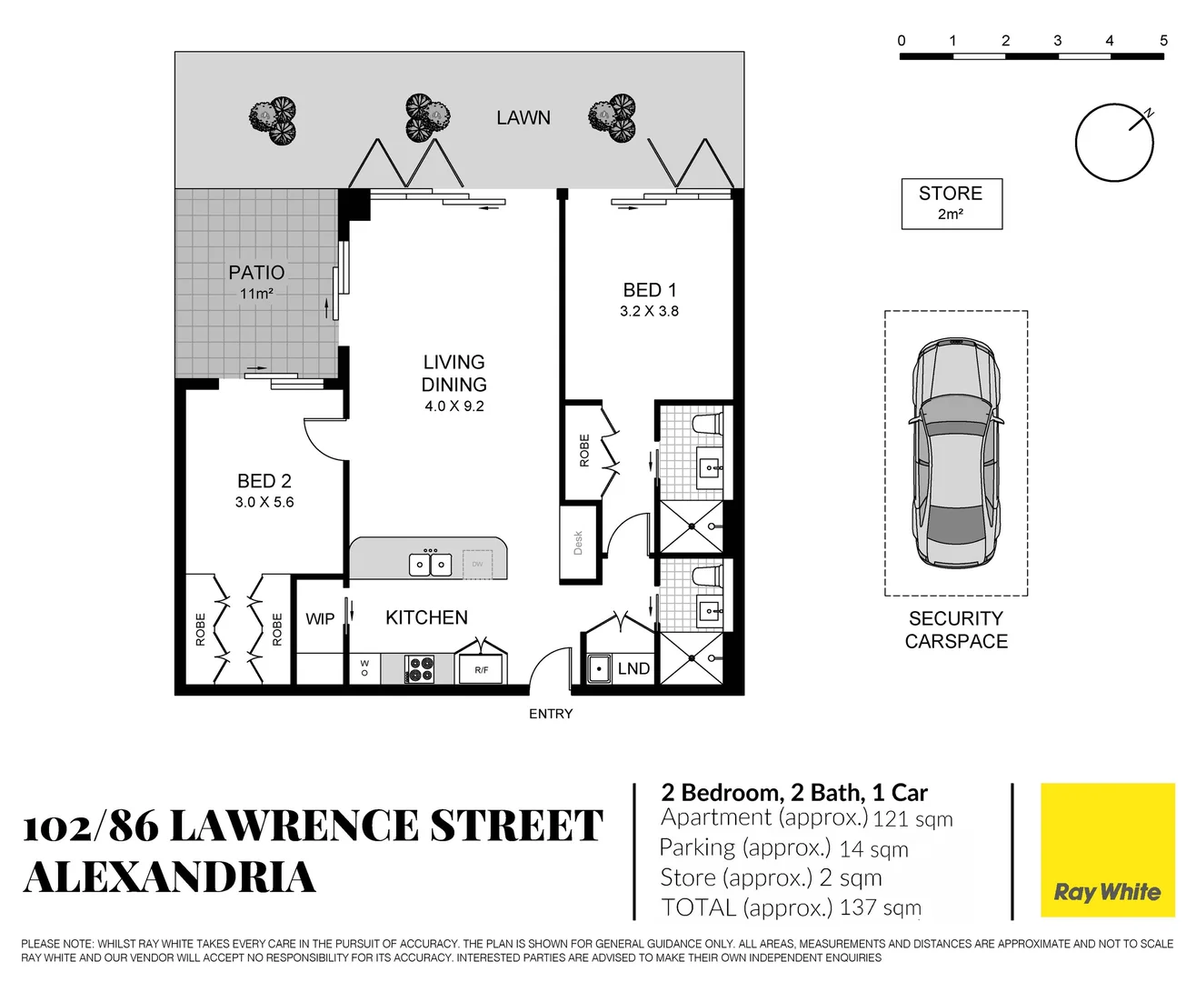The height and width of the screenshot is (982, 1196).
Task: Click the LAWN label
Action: point(523,118)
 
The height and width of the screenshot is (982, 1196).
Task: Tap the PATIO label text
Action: point(256,273)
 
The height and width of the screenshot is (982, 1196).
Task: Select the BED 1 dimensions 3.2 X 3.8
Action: point(649,311)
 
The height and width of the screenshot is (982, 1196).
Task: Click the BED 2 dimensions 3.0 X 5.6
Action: point(264,502)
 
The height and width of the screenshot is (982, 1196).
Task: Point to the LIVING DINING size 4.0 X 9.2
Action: point(453,406)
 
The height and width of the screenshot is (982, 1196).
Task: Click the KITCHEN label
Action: point(426,618)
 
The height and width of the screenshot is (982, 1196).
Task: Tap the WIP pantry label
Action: point(320,619)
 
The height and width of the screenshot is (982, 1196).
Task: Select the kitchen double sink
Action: point(429,565)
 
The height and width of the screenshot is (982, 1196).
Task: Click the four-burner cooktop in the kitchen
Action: point(419,669)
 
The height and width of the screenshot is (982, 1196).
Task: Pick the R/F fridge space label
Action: point(481,670)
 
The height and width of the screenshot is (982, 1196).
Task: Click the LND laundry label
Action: point(633,669)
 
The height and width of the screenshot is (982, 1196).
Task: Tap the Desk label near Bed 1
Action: point(578,544)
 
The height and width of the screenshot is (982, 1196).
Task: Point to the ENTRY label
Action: point(551,715)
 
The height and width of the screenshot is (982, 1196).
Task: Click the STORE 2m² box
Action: point(951,204)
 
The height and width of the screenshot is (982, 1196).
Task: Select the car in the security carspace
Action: point(956,453)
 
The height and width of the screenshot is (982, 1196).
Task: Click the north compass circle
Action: point(1113,144)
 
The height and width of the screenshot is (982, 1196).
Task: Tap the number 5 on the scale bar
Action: point(1163,41)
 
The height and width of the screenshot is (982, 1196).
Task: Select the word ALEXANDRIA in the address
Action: point(170,878)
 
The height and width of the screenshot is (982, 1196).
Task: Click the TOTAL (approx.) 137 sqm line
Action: point(791,907)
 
